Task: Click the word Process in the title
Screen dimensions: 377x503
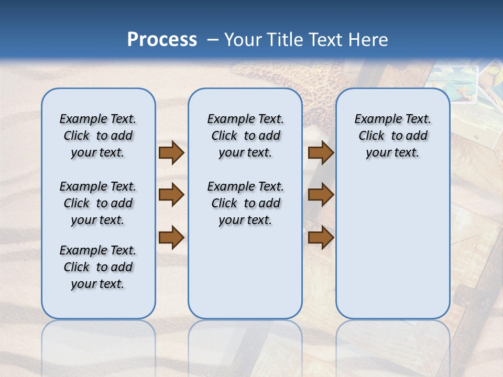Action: (x=162, y=40)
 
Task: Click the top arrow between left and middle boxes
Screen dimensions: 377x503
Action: (x=171, y=152)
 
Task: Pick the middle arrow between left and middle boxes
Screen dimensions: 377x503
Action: (x=171, y=195)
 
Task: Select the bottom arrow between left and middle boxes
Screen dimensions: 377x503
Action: (x=171, y=237)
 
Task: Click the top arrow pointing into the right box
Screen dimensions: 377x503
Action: (x=321, y=152)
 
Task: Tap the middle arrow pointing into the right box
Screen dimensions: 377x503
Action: (x=321, y=195)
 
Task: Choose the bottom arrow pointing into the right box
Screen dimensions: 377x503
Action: (x=321, y=237)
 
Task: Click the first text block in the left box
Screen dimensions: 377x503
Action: (x=98, y=136)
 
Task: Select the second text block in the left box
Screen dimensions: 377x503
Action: (x=98, y=203)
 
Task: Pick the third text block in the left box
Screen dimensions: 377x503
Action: (x=98, y=267)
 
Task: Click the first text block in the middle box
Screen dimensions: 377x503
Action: (x=245, y=136)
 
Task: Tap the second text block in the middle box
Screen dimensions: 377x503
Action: (x=245, y=203)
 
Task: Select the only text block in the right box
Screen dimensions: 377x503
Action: (x=392, y=136)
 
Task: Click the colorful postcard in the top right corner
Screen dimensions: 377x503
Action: (x=456, y=84)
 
